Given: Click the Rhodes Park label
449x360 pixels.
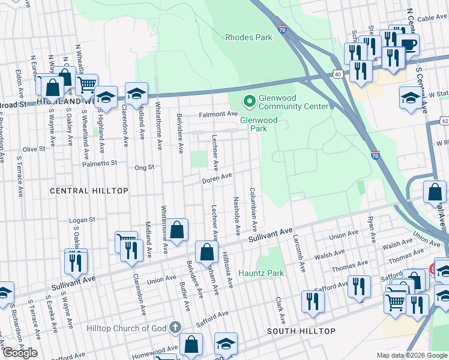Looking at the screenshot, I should click(x=249, y=37).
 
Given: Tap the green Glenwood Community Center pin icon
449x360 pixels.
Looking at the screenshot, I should click(x=247, y=100).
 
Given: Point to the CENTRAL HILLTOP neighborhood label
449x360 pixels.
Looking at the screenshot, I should click(x=89, y=191).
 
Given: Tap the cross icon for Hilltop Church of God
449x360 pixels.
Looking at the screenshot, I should click(x=174, y=328).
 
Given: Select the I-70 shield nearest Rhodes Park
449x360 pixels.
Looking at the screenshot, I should click(x=283, y=29).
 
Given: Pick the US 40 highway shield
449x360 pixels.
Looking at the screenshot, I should click(x=339, y=74).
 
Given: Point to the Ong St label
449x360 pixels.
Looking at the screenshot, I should click(x=145, y=167).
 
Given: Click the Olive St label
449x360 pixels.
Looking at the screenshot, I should click(x=34, y=149).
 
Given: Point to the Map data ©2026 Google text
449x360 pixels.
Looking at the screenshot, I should click(x=411, y=355).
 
